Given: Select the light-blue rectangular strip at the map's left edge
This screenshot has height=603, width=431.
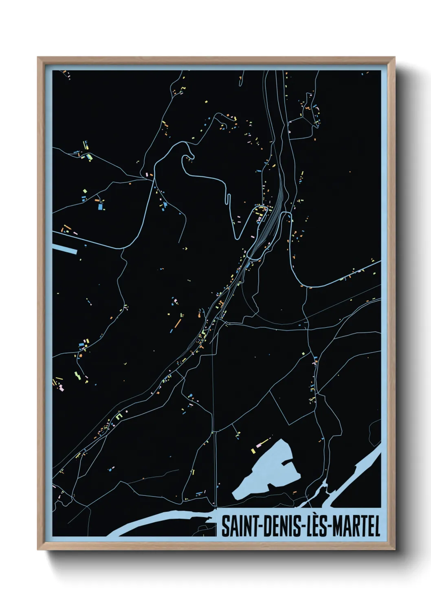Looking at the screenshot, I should (64, 249).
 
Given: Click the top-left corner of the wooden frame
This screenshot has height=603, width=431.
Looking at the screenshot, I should (38, 57).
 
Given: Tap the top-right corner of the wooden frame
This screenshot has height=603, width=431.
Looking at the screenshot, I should (394, 57).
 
